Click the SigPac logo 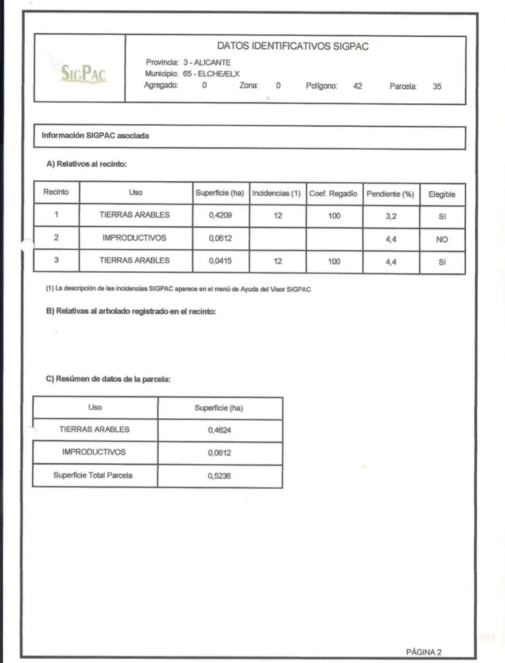tap(84, 73)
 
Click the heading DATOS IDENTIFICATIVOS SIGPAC tap(292, 46)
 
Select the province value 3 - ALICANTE tap(207, 62)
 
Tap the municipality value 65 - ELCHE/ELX tap(211, 74)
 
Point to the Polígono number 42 tap(357, 86)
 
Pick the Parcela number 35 tap(437, 87)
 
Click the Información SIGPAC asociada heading tap(95, 136)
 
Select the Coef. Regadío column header tap(333, 194)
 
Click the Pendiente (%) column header tap(390, 194)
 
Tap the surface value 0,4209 tap(220, 215)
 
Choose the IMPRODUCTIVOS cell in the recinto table tap(134, 238)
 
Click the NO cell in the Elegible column tap(442, 240)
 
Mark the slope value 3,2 tap(391, 217)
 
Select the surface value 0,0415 tap(220, 261)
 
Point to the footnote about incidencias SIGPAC tap(178, 289)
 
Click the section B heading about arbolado tap(131, 312)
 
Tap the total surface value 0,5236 tap(219, 476)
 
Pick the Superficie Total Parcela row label tap(93, 476)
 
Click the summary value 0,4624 tap(219, 430)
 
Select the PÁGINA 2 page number tap(423, 652)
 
